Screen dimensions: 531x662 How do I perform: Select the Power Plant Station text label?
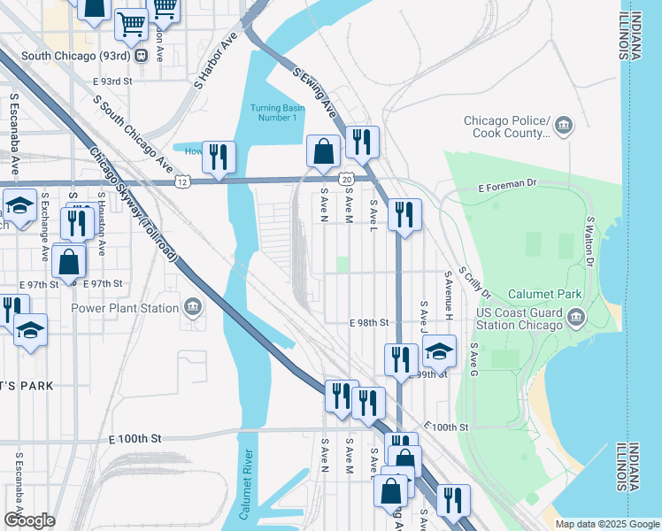point(125,309)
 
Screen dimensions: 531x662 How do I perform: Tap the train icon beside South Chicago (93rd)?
point(141,55)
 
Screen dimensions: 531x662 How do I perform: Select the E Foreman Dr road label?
point(508,187)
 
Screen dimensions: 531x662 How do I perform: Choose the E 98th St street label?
point(369,323)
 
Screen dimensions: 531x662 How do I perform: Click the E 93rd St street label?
point(112,81)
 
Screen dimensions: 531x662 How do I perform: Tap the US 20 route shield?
point(348,180)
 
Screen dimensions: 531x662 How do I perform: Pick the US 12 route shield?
point(181,181)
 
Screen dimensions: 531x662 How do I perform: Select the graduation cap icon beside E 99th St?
point(439,351)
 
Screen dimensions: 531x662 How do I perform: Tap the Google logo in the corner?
point(29,520)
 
